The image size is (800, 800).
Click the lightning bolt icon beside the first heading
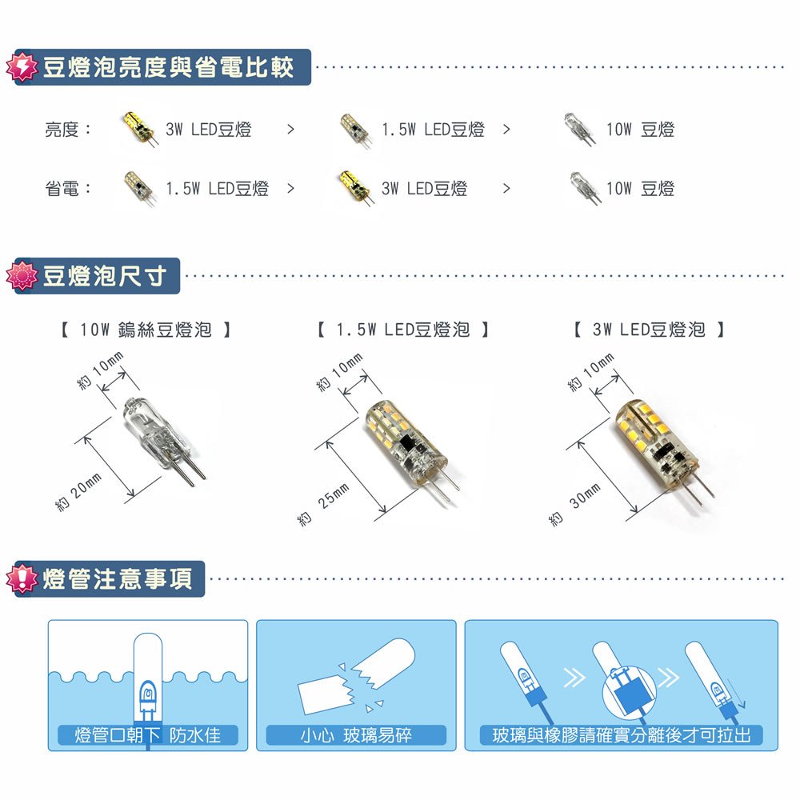pyautogui.click(x=22, y=67)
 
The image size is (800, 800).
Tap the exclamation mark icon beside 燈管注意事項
pyautogui.click(x=22, y=578)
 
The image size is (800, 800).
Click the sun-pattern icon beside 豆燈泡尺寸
pyautogui.click(x=22, y=275)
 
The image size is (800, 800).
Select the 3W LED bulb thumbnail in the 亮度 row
pyautogui.click(x=139, y=129)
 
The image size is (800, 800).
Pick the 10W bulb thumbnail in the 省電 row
pyautogui.click(x=586, y=188)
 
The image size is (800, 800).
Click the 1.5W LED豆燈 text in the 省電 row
pyautogui.click(x=217, y=189)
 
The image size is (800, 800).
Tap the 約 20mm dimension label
pyautogui.click(x=78, y=492)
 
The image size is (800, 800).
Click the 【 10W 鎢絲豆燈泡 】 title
pyautogui.click(x=146, y=330)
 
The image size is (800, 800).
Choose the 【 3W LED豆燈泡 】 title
pyautogui.click(x=649, y=330)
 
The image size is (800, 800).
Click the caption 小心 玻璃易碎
pyautogui.click(x=356, y=735)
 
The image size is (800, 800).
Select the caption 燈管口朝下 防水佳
pyautogui.click(x=147, y=735)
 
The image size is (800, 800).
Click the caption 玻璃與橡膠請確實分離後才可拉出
pyautogui.click(x=621, y=735)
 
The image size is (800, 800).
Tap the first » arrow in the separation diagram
pyautogui.click(x=574, y=678)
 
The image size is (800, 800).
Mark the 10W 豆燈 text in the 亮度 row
pyautogui.click(x=640, y=130)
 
